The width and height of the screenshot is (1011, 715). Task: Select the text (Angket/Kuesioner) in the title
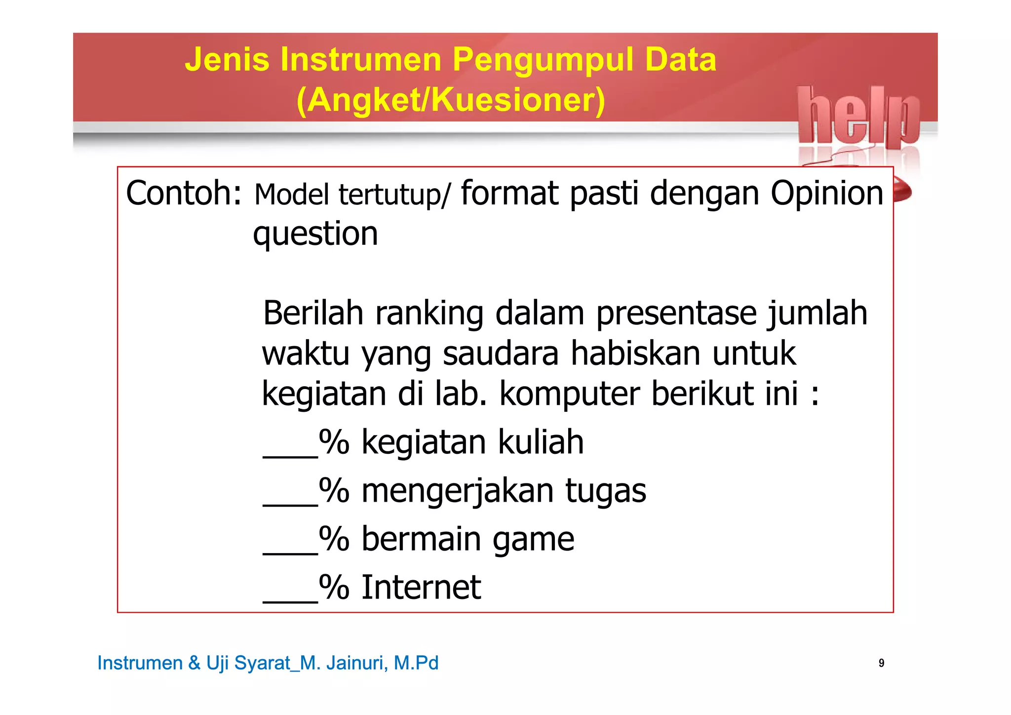[x=451, y=100]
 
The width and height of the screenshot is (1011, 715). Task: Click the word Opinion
[x=827, y=193]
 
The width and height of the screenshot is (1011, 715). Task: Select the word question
[x=315, y=234]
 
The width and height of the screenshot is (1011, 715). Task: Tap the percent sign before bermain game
[x=334, y=539]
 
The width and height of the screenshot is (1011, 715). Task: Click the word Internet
[x=421, y=587]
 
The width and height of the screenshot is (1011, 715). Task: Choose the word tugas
[x=605, y=491]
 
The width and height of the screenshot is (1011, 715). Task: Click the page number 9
[x=881, y=663]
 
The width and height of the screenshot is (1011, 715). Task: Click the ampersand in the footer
[x=194, y=663]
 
